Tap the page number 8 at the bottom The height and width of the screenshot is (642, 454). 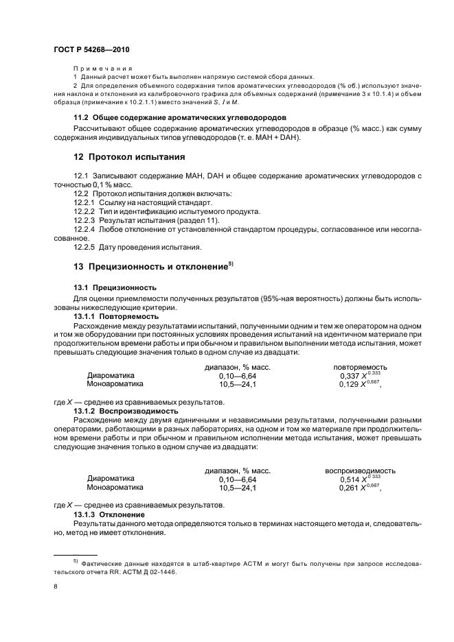click(56, 586)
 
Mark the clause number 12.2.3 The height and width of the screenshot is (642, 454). click(86, 220)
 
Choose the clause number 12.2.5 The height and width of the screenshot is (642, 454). click(86, 247)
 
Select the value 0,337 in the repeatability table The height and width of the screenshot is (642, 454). click(350, 376)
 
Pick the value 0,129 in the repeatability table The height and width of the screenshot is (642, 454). click(350, 385)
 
